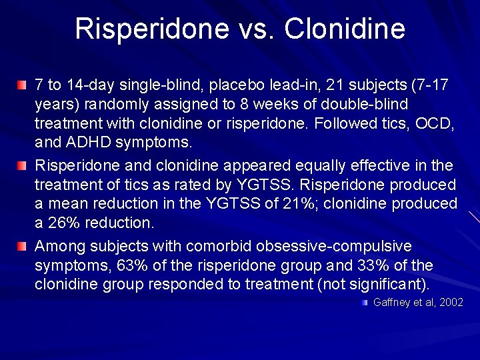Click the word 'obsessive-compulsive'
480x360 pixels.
tap(337, 246)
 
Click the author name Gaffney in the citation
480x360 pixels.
tap(392, 302)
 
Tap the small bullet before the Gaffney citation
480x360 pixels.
tap(365, 303)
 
